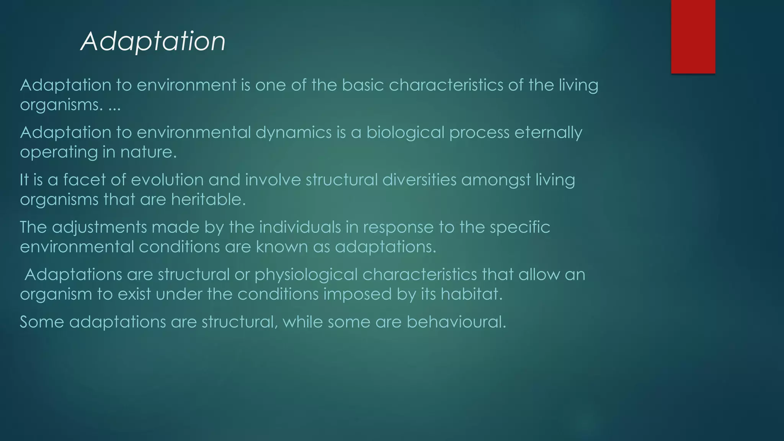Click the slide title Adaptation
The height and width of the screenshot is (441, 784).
(153, 41)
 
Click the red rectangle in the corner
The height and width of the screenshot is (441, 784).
(693, 36)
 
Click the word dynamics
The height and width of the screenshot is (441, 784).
(294, 133)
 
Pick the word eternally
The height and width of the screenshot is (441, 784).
(548, 133)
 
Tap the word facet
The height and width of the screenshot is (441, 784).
(84, 180)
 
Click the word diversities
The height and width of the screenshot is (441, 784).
(419, 180)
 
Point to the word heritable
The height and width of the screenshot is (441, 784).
(208, 199)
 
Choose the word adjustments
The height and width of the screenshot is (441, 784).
(99, 227)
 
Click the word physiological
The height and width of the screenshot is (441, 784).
(306, 275)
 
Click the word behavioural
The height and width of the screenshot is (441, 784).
(456, 322)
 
